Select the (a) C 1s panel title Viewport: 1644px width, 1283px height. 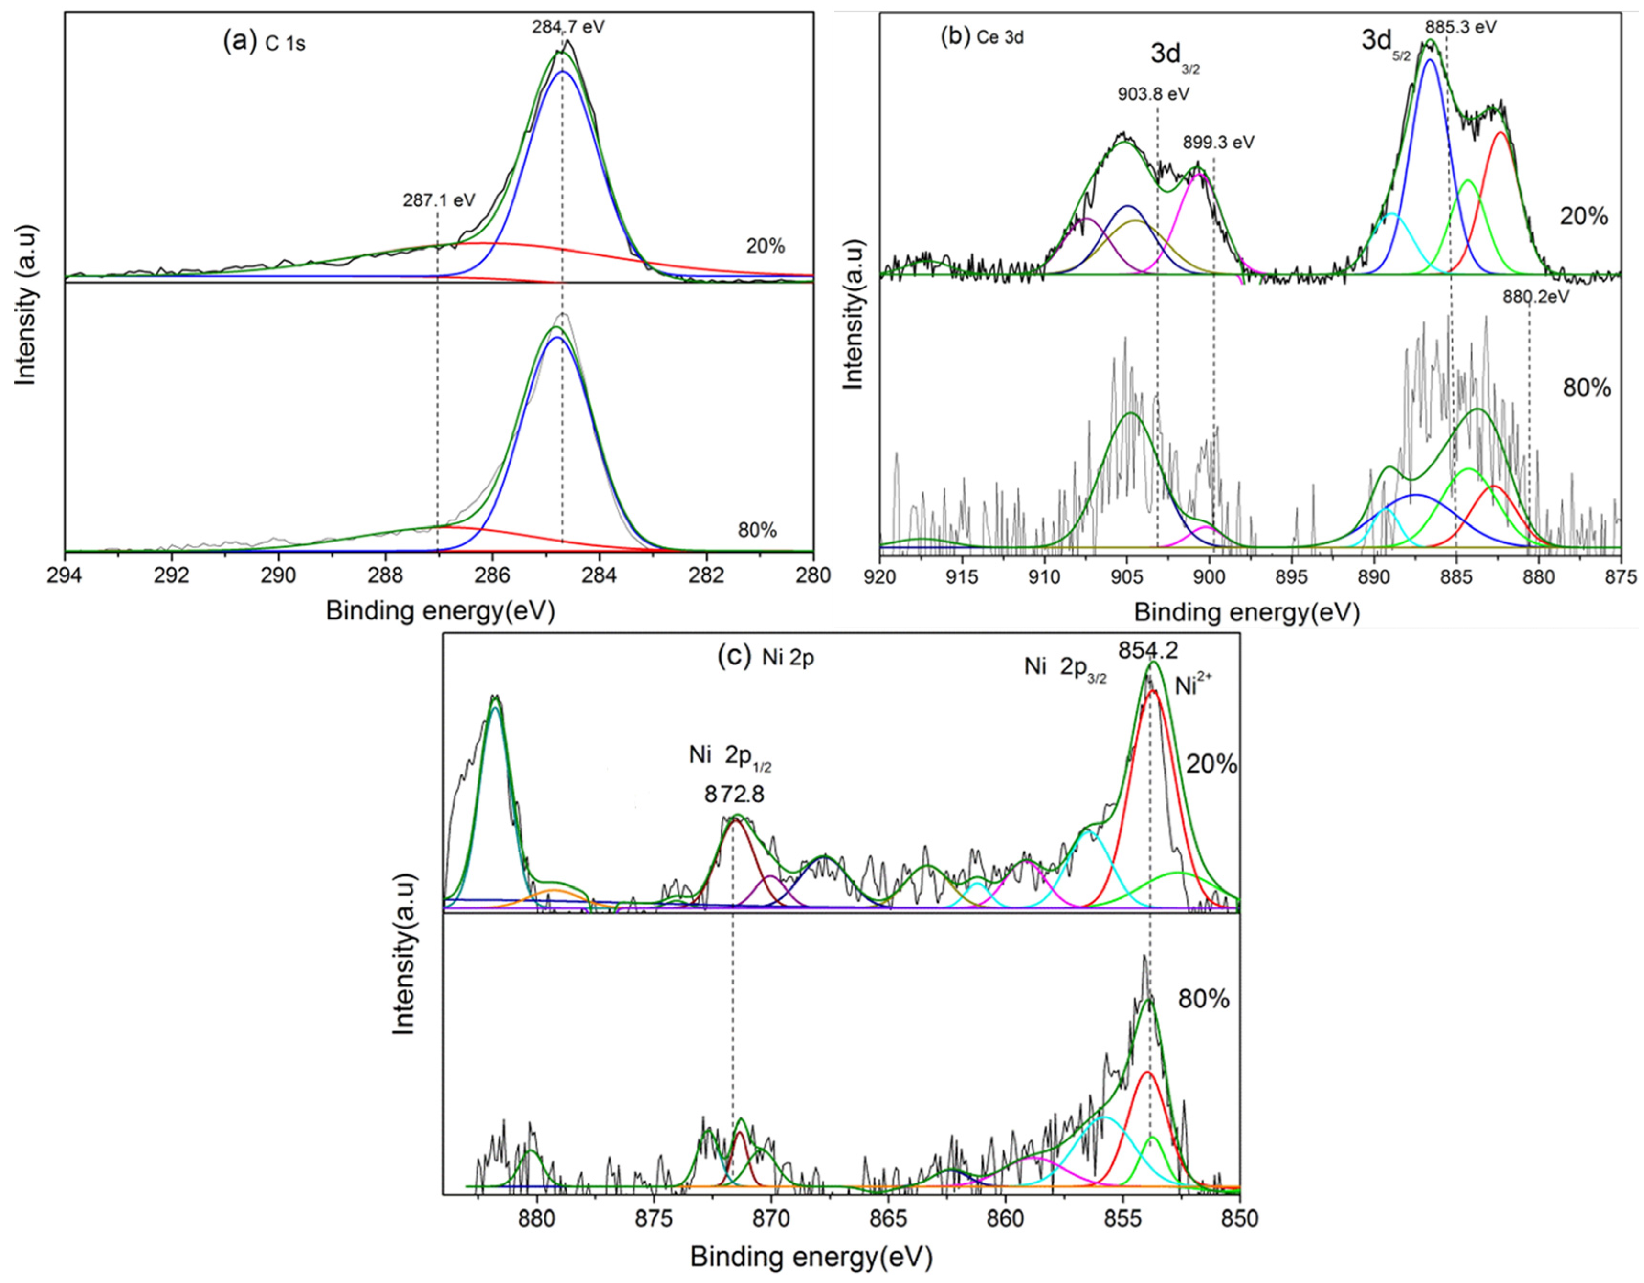[264, 43]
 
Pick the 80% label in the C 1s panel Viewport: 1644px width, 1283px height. [756, 531]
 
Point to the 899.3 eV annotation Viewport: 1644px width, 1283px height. [1218, 142]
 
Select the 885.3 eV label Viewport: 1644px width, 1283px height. [1460, 27]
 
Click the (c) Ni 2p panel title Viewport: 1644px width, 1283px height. [766, 658]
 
